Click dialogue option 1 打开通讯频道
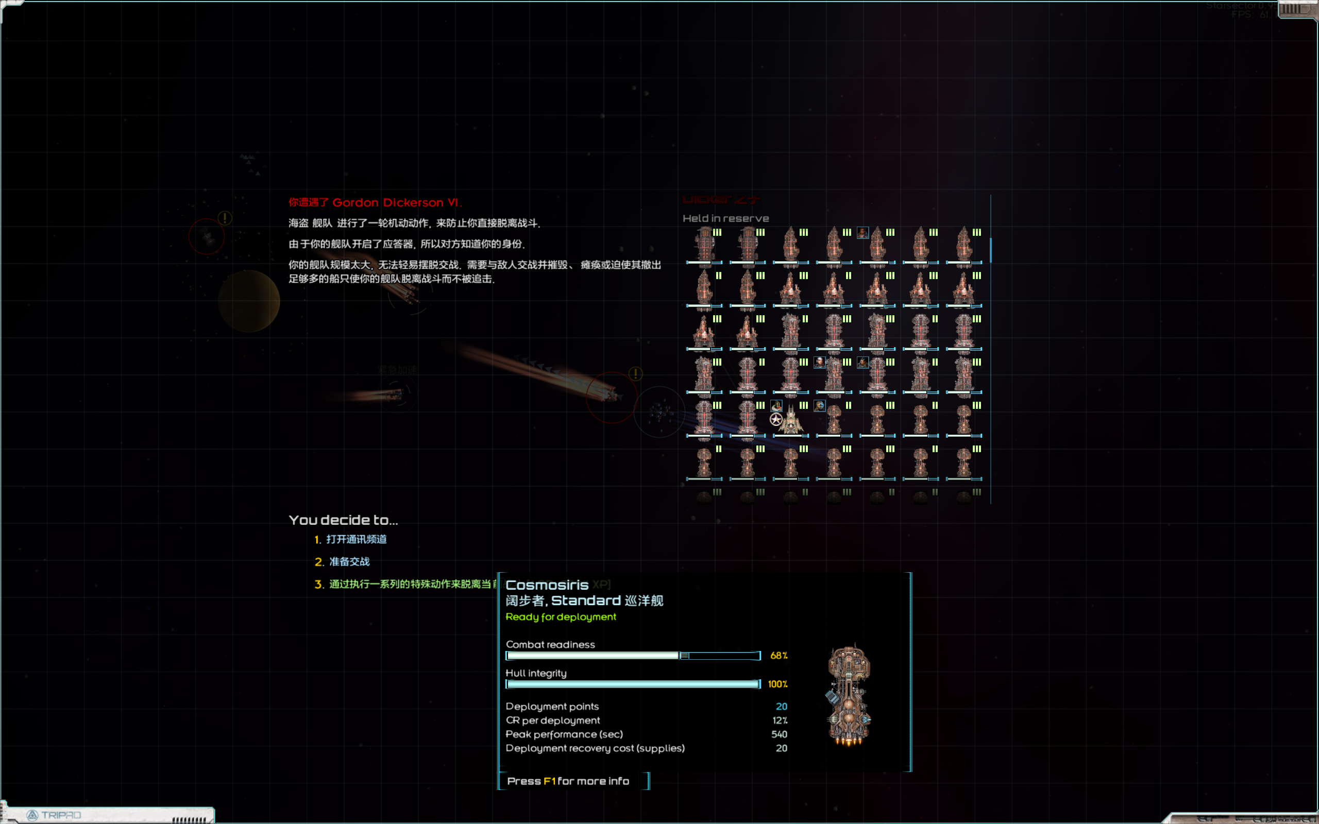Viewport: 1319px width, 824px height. (x=356, y=539)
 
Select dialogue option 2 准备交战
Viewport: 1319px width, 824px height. (x=349, y=561)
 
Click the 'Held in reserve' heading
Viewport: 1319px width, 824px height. (x=725, y=218)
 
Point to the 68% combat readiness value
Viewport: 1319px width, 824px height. (x=779, y=656)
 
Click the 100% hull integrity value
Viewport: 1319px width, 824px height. (x=777, y=684)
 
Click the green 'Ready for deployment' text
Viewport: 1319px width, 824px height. (x=560, y=617)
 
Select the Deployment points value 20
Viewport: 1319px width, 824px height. (x=781, y=706)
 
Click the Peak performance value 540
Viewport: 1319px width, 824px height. (x=779, y=734)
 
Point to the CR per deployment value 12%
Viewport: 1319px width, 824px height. (x=780, y=720)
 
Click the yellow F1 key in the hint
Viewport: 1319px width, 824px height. (x=549, y=781)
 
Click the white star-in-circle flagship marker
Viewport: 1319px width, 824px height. (x=775, y=419)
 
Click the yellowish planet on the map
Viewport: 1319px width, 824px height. (x=249, y=301)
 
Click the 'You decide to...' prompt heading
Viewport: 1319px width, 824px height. (x=343, y=520)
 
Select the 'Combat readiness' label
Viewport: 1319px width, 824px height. (x=550, y=644)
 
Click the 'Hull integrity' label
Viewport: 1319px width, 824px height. (x=536, y=673)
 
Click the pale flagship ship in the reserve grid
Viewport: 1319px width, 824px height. (x=791, y=421)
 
